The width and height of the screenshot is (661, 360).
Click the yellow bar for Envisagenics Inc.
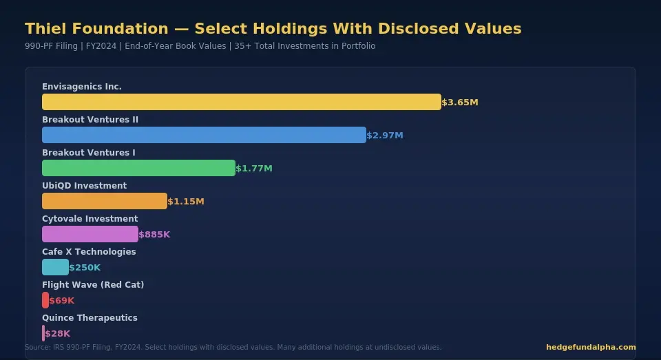(241, 102)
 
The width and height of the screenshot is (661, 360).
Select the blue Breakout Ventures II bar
(204, 135)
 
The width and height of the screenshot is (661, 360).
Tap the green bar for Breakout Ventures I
(138, 168)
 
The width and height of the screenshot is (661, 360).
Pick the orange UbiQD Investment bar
(105, 201)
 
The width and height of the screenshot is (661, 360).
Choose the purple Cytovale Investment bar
(90, 234)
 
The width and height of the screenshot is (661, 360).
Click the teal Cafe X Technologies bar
(55, 267)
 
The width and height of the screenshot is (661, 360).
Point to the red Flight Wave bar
(45, 300)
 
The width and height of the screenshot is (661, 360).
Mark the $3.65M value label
(460, 103)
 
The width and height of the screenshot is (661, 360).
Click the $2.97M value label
(385, 136)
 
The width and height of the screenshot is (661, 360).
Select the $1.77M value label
(254, 169)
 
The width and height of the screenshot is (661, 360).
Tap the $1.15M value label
(186, 202)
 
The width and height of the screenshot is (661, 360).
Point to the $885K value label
(154, 235)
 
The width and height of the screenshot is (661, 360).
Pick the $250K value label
(85, 268)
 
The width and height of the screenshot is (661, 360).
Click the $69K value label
(62, 301)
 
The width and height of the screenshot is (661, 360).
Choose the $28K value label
(58, 334)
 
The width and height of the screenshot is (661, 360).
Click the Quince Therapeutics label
(90, 318)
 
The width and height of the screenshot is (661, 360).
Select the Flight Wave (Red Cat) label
(93, 285)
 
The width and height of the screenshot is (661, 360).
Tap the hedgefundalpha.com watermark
(591, 348)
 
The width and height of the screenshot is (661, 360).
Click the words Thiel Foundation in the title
(96, 29)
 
